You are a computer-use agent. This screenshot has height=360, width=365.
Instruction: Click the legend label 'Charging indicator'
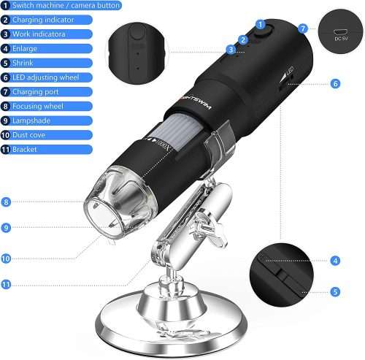click(x=43, y=20)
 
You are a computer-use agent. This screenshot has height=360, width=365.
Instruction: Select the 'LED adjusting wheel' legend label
click(x=46, y=77)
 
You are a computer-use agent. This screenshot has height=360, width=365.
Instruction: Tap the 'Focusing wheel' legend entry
click(x=38, y=106)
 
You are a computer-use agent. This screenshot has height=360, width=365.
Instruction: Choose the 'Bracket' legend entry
click(x=25, y=149)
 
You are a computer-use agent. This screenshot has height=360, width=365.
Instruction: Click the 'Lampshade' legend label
click(x=31, y=120)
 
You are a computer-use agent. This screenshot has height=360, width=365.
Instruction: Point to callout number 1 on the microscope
click(x=261, y=25)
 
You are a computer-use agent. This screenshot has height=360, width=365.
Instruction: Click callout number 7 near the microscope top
click(x=303, y=28)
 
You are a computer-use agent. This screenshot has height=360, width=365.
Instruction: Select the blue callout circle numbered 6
click(x=335, y=84)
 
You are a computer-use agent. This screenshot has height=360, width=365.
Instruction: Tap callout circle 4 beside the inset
click(x=335, y=261)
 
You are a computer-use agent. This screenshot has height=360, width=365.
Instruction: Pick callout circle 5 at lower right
click(x=335, y=291)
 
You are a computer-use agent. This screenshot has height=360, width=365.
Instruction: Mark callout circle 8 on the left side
click(x=6, y=202)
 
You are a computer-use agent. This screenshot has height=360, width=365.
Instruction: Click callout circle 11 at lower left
click(x=6, y=284)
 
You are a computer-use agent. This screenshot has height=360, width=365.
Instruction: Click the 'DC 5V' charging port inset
click(x=340, y=31)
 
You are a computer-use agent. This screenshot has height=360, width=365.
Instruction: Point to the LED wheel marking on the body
click(x=288, y=75)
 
